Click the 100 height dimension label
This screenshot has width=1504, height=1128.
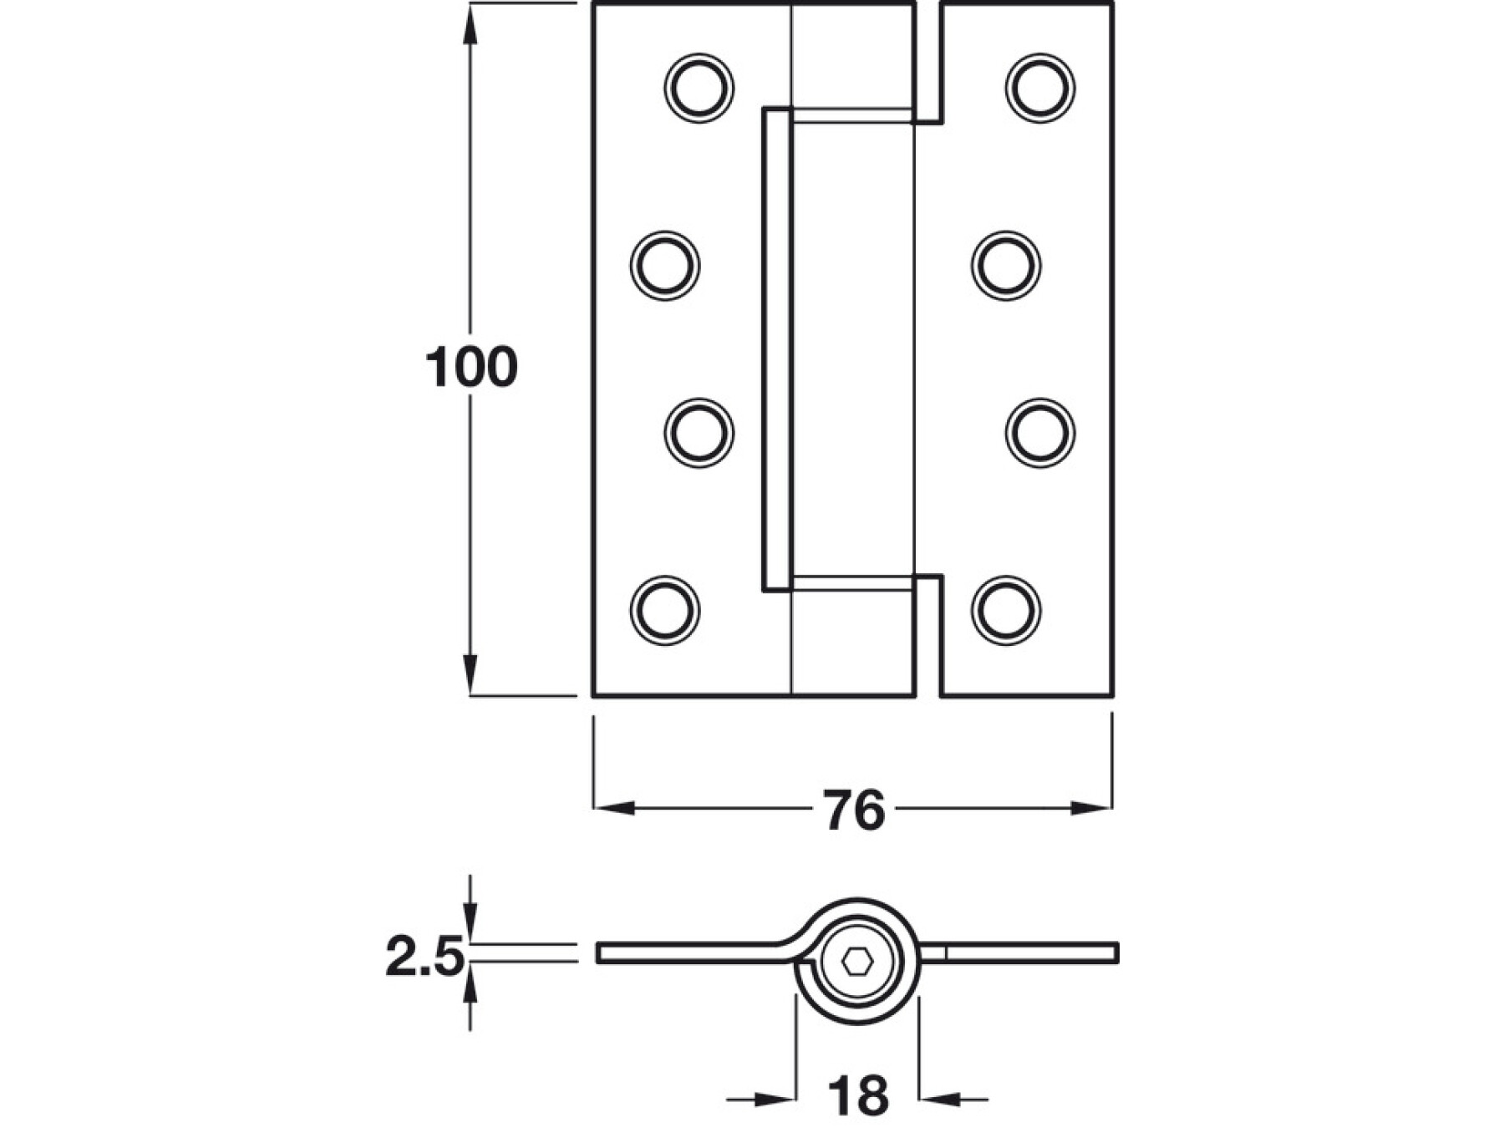(x=471, y=367)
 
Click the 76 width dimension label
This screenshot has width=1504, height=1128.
(x=854, y=810)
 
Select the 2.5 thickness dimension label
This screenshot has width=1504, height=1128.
(x=424, y=958)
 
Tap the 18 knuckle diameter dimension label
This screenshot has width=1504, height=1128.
(x=857, y=1097)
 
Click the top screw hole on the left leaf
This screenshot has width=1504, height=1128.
(x=699, y=88)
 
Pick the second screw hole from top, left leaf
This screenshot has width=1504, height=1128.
(x=665, y=266)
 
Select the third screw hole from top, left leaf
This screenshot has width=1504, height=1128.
(x=699, y=433)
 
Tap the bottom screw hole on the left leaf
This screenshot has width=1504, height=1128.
(x=665, y=610)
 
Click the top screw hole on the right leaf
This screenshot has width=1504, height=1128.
(x=1040, y=88)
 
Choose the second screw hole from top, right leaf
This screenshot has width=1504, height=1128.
(x=1006, y=266)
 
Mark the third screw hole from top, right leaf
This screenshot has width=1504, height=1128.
(x=1040, y=433)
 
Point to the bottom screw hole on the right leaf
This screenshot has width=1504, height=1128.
(x=1006, y=610)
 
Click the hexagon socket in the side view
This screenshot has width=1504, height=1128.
(x=857, y=963)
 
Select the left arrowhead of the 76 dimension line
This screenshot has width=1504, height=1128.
(x=614, y=808)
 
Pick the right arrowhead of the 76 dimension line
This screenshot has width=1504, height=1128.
(x=1090, y=808)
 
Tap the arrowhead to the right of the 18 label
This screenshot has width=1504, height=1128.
(x=939, y=1100)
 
